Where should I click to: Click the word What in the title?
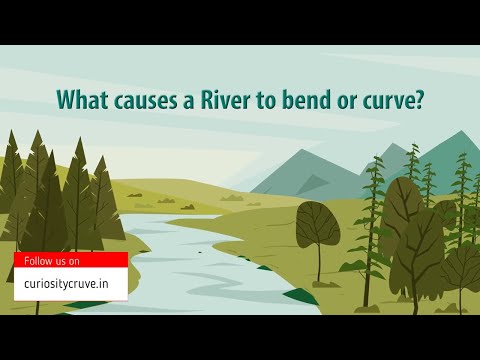coord(80,101)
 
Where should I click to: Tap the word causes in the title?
coord(140,101)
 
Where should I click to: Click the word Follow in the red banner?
coord(39,261)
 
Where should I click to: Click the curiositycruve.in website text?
coord(70,284)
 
